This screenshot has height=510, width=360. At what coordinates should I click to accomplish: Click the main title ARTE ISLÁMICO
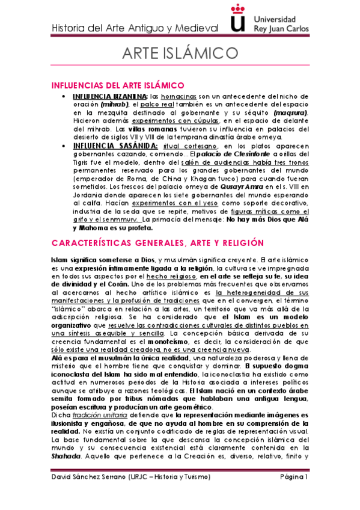180,52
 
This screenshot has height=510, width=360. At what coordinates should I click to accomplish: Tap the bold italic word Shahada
66,456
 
